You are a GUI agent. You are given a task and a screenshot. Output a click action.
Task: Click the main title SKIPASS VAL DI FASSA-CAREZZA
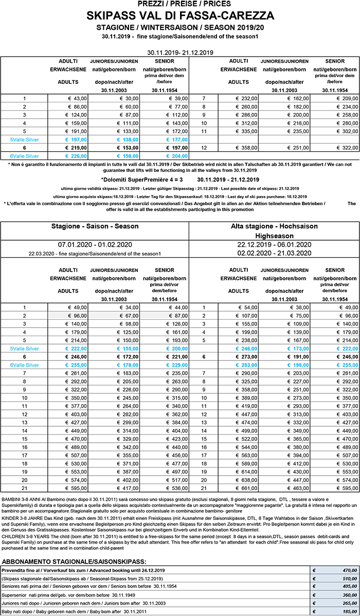tap(180, 15)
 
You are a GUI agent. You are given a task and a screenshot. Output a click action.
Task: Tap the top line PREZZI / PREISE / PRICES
tap(180, 4)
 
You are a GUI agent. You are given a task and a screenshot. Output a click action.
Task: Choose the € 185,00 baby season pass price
tap(342, 612)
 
